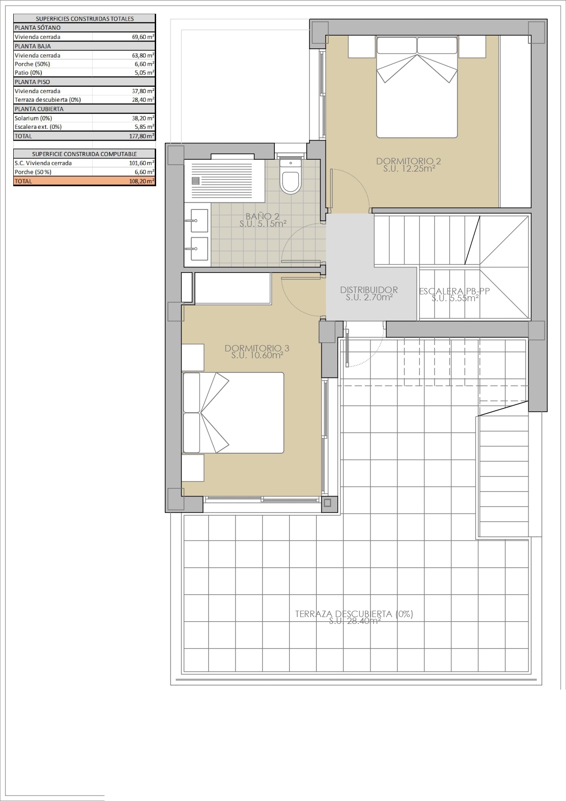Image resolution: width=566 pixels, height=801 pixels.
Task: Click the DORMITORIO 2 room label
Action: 409,161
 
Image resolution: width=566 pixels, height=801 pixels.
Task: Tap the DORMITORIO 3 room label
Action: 257,349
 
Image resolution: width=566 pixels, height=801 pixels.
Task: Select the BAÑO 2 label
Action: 262,217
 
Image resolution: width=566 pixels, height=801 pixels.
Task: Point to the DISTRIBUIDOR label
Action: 369,290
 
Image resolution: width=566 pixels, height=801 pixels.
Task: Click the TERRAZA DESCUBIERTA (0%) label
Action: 354,614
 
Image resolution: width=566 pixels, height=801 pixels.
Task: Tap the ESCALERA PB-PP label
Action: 454,291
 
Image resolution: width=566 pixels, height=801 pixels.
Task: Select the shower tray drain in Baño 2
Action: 196,181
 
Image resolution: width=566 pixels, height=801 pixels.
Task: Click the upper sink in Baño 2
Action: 199,220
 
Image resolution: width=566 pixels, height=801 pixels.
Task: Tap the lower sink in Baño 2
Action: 199,249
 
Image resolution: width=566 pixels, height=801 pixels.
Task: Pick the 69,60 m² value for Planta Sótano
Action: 142,37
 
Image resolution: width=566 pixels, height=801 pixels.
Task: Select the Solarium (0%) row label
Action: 33,118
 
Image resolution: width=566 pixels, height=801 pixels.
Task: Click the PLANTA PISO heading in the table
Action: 32,82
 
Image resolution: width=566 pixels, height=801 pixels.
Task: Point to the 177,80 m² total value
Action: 141,136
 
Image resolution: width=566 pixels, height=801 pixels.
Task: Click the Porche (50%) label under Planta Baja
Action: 32,64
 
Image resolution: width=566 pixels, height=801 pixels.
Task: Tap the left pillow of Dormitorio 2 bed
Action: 397,46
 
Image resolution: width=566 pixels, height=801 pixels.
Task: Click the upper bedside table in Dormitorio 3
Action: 193,357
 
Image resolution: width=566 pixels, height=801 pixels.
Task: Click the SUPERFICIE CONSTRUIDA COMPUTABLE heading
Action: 84,154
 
